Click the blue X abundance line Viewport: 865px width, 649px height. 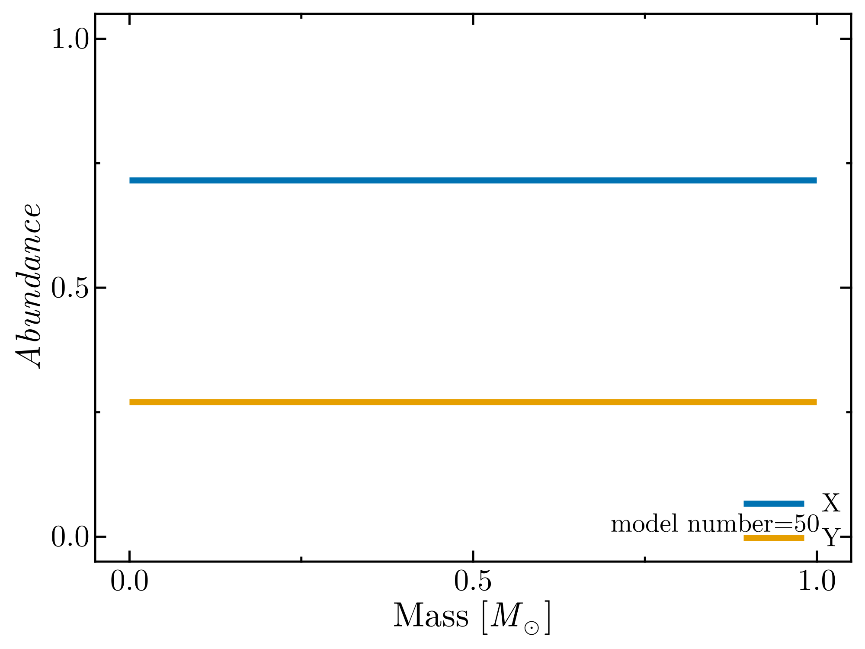[x=473, y=180]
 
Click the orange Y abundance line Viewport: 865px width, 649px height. [x=473, y=402]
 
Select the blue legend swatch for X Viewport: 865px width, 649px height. [x=774, y=503]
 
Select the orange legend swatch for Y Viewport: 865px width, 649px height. [x=774, y=538]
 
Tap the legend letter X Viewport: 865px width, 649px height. [x=831, y=503]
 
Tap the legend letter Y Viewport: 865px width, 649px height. [x=830, y=538]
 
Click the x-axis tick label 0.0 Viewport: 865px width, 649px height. [x=129, y=582]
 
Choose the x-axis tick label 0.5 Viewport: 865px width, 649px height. [x=473, y=582]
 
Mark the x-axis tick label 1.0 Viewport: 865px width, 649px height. [x=817, y=582]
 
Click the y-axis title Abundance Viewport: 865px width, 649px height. [x=29, y=286]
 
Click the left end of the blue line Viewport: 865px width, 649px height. [x=131, y=180]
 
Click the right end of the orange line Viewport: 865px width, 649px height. [x=815, y=402]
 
